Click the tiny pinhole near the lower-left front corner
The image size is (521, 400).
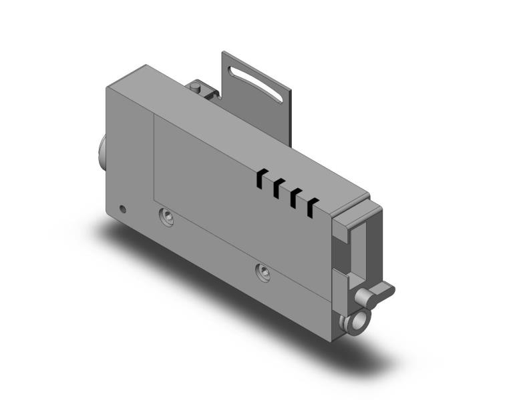(x=122, y=207)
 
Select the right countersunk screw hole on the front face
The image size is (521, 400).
(x=264, y=270)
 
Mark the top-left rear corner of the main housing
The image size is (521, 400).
(x=147, y=65)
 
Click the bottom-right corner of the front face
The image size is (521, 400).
(x=332, y=341)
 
